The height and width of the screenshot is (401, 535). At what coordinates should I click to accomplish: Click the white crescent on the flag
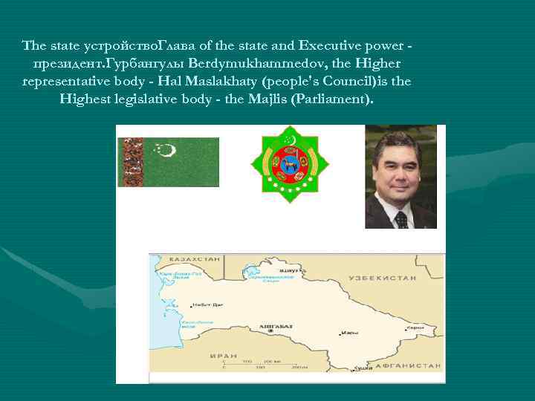(170, 151)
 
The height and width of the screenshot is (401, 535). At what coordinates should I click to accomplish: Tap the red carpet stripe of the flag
(130, 161)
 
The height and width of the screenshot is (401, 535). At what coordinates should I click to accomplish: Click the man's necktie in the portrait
(401, 219)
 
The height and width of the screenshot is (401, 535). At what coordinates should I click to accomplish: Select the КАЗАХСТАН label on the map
(195, 260)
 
